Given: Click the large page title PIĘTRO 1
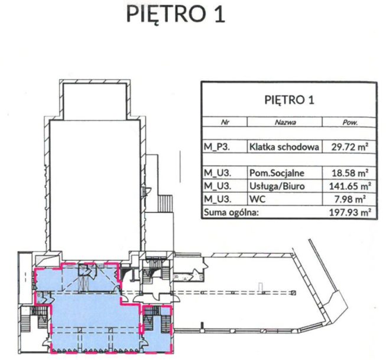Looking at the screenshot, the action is click(176, 14).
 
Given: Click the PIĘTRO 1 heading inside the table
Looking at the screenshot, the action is click(289, 100).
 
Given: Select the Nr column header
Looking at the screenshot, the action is click(225, 122).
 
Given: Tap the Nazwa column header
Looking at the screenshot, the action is click(286, 122).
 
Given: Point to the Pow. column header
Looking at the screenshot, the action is click(350, 122).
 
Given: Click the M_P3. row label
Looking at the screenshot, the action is click(216, 147).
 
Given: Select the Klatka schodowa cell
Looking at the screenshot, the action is click(284, 147).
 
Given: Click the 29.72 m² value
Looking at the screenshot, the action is click(349, 147).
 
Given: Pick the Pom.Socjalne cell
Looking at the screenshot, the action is click(277, 173).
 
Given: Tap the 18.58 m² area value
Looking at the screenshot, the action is click(349, 173).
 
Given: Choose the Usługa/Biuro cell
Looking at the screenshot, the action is click(277, 186).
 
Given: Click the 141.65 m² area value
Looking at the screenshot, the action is click(350, 186).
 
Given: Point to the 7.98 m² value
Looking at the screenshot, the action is click(352, 199).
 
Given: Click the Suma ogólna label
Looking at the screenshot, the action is click(231, 212).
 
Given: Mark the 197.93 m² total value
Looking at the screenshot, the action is click(350, 212).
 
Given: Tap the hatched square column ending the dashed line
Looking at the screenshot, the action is click(293, 293).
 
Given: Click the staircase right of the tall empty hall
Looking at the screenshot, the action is click(165, 203).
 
